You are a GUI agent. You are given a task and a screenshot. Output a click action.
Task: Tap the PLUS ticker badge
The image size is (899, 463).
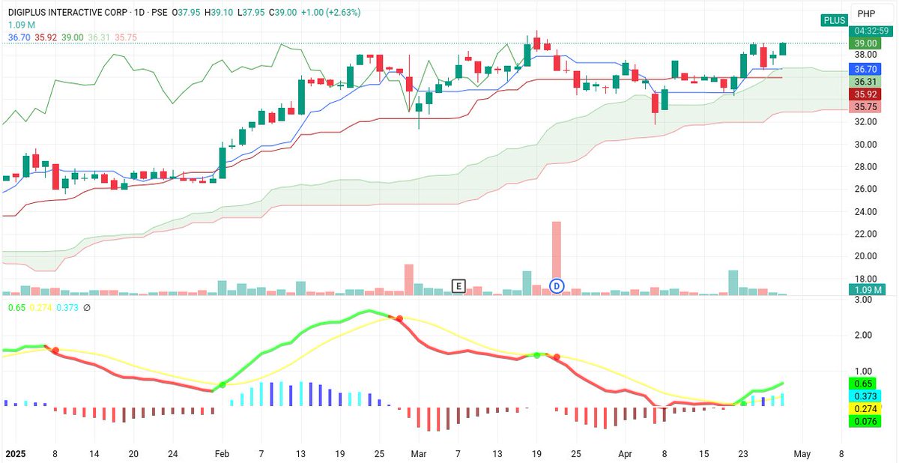[x=834, y=20]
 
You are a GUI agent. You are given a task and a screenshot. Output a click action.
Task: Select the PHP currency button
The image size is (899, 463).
[x=867, y=13]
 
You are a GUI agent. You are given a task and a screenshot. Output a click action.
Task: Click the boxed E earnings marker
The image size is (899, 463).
[x=458, y=285]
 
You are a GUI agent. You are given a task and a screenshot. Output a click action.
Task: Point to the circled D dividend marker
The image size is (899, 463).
[x=557, y=285]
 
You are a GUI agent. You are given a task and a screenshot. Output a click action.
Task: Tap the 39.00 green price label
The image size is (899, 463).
[x=867, y=44]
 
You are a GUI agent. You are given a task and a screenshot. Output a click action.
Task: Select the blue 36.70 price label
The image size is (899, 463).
[x=867, y=68]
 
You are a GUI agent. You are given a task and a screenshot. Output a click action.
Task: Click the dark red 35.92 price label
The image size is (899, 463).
[x=867, y=94]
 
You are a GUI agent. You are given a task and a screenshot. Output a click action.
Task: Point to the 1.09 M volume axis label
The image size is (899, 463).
[x=867, y=289]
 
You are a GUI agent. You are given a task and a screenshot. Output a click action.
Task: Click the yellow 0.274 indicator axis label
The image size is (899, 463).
[x=867, y=409]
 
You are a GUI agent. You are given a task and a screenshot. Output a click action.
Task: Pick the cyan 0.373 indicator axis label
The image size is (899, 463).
[x=867, y=396]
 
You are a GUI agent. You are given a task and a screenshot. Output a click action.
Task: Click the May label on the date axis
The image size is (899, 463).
[x=802, y=453]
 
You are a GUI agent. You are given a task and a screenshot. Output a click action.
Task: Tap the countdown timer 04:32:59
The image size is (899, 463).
[x=867, y=31]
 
